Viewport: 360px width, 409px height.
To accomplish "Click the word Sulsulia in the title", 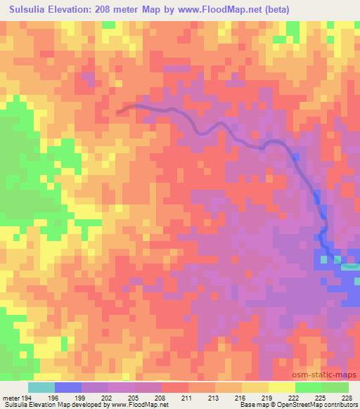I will pyautogui.click(x=27, y=9).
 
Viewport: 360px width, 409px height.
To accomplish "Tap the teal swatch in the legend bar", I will pyautogui.click(x=41, y=387).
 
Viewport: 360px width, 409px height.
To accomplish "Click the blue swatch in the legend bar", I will pyautogui.click(x=68, y=387).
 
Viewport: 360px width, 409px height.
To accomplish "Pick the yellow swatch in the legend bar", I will pyautogui.click(x=282, y=387).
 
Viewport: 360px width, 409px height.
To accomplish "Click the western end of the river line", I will pyautogui.click(x=118, y=111).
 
